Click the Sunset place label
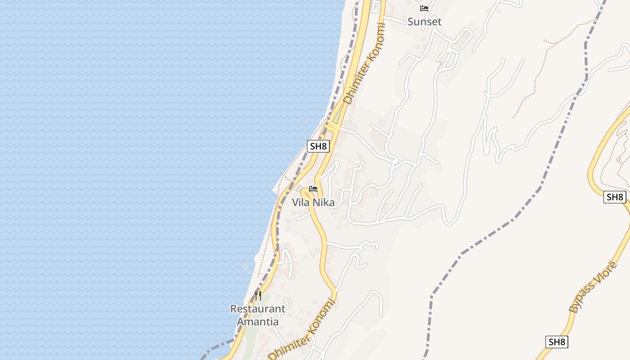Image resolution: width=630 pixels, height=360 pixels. [424, 22]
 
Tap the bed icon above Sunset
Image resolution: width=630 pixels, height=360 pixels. [424, 9]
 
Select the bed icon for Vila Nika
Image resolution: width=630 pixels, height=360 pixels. [313, 189]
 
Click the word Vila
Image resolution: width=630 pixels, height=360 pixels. [301, 203]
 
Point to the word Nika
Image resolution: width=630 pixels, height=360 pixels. [324, 203]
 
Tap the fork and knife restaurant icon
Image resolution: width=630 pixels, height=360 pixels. [258, 296]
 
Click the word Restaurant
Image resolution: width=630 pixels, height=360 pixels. [257, 309]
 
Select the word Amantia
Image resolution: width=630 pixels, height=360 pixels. [257, 322]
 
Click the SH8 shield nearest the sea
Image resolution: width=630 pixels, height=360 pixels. [319, 146]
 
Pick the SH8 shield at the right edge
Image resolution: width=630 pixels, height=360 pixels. [615, 197]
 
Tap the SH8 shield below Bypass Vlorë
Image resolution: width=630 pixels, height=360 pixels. [557, 342]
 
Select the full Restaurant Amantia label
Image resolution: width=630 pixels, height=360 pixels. [257, 315]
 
